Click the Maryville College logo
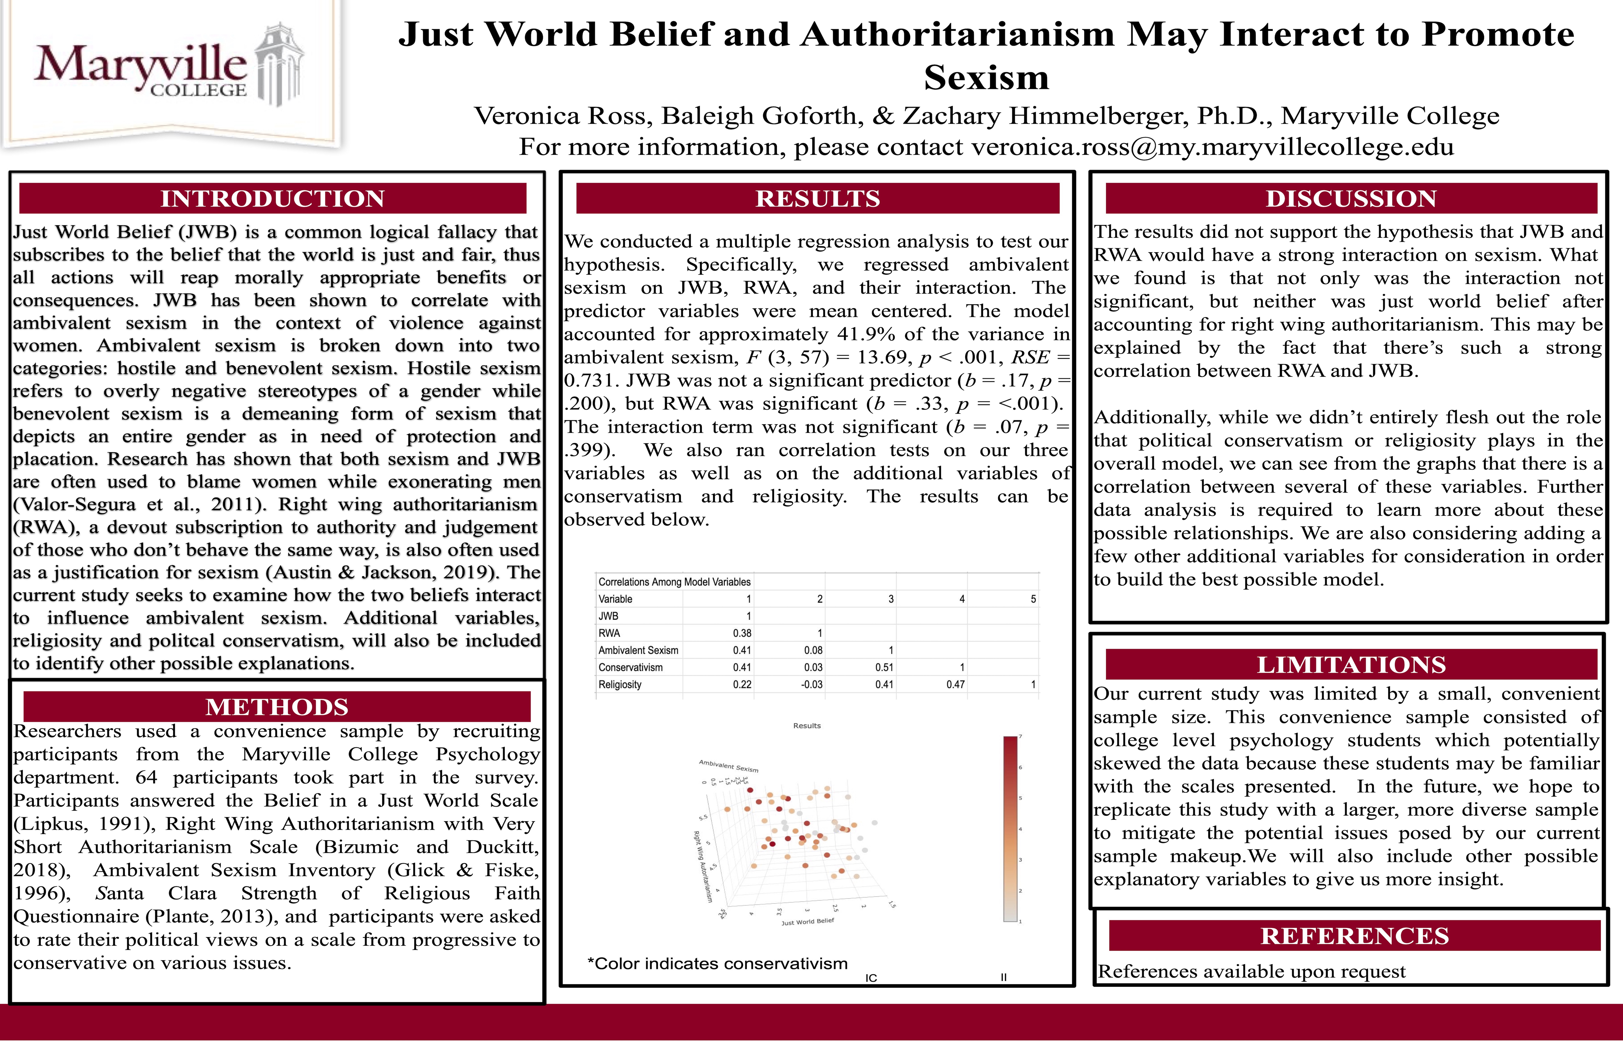click(169, 68)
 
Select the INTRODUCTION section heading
click(272, 198)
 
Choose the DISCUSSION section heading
click(1351, 198)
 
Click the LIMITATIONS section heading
click(1351, 664)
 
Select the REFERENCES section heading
click(1354, 936)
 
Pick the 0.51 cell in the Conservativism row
click(884, 667)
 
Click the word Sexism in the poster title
click(986, 77)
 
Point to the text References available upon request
click(1251, 971)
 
